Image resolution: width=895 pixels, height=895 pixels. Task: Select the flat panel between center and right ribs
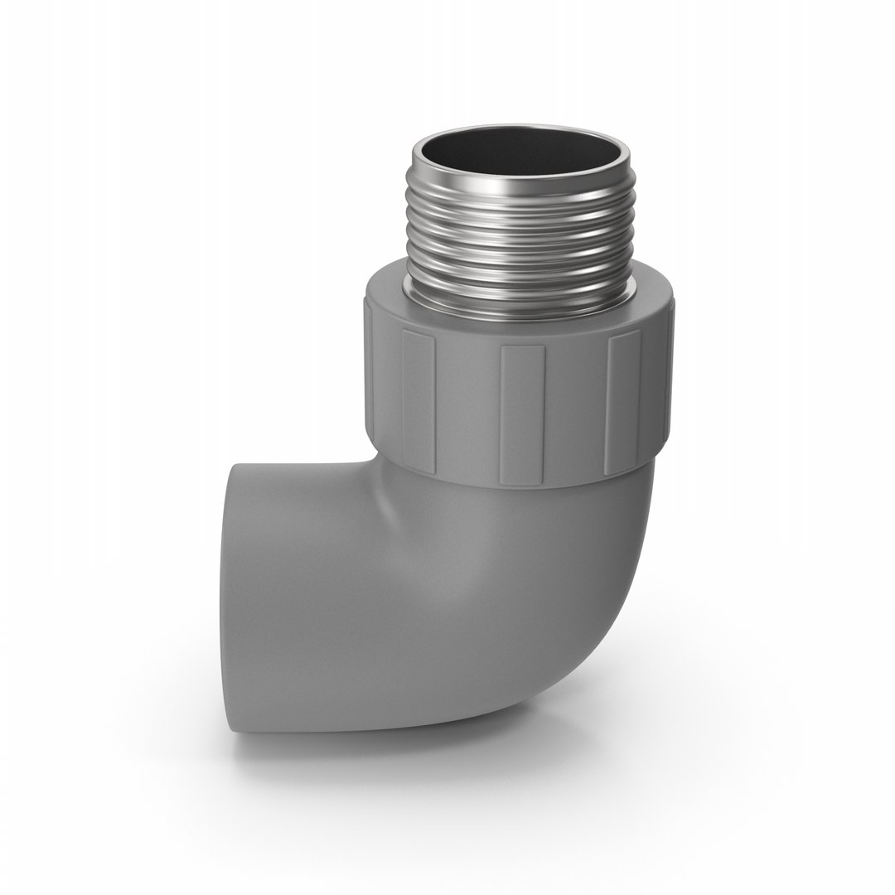pos(575,410)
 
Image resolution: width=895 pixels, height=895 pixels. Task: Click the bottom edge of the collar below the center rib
pos(522,483)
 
